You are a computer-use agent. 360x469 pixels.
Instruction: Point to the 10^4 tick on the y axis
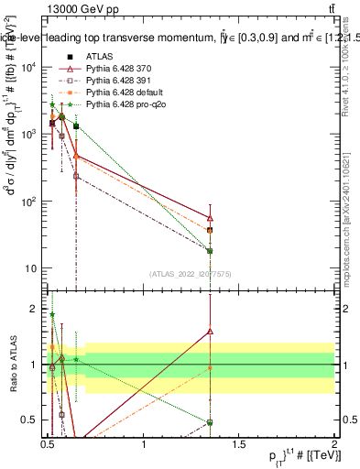click(x=28, y=67)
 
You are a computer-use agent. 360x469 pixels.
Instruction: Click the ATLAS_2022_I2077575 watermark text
click(x=191, y=273)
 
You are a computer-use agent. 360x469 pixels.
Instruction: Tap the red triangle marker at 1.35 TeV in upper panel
click(x=211, y=218)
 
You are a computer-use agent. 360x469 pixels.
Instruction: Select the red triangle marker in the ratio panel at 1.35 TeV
click(x=211, y=331)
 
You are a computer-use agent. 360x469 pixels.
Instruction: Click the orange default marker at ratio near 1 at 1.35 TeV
click(x=211, y=367)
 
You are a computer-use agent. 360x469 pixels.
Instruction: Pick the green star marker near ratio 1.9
click(x=52, y=314)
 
